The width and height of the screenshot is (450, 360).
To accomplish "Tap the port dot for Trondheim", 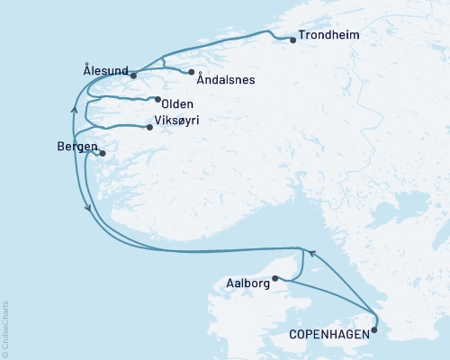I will click(293, 40).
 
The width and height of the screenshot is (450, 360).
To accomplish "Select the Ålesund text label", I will click(105, 67).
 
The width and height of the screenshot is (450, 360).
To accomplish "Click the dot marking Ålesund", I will click(133, 75).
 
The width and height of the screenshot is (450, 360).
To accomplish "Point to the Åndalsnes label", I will click(227, 79).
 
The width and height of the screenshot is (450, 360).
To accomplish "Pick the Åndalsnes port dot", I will click(192, 72).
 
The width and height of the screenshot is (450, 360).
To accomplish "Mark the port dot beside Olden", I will click(157, 99).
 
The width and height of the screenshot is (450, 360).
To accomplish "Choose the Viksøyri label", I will click(176, 120).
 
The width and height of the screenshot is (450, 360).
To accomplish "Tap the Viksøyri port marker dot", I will click(150, 127).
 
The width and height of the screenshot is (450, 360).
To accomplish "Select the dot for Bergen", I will click(103, 154).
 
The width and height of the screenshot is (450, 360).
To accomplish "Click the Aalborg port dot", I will click(275, 278).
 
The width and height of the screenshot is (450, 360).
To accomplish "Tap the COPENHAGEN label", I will click(328, 334).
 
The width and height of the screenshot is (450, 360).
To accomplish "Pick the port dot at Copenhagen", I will click(374, 329).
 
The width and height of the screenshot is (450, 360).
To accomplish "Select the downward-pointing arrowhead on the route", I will click(87, 209).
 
